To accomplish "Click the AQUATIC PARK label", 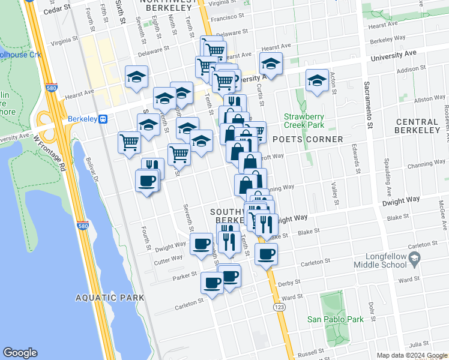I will click(x=110, y=298).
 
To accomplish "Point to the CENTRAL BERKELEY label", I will click(x=418, y=126).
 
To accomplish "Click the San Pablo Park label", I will click(x=336, y=319).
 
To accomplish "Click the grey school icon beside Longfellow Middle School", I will click(x=414, y=259).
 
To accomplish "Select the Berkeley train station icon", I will click(x=103, y=119).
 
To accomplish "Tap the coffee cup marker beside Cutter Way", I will click(x=201, y=244).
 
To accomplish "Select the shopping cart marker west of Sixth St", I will click(x=129, y=143).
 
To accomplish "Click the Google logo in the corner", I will click(x=20, y=353).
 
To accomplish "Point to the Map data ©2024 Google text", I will click(x=412, y=355).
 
